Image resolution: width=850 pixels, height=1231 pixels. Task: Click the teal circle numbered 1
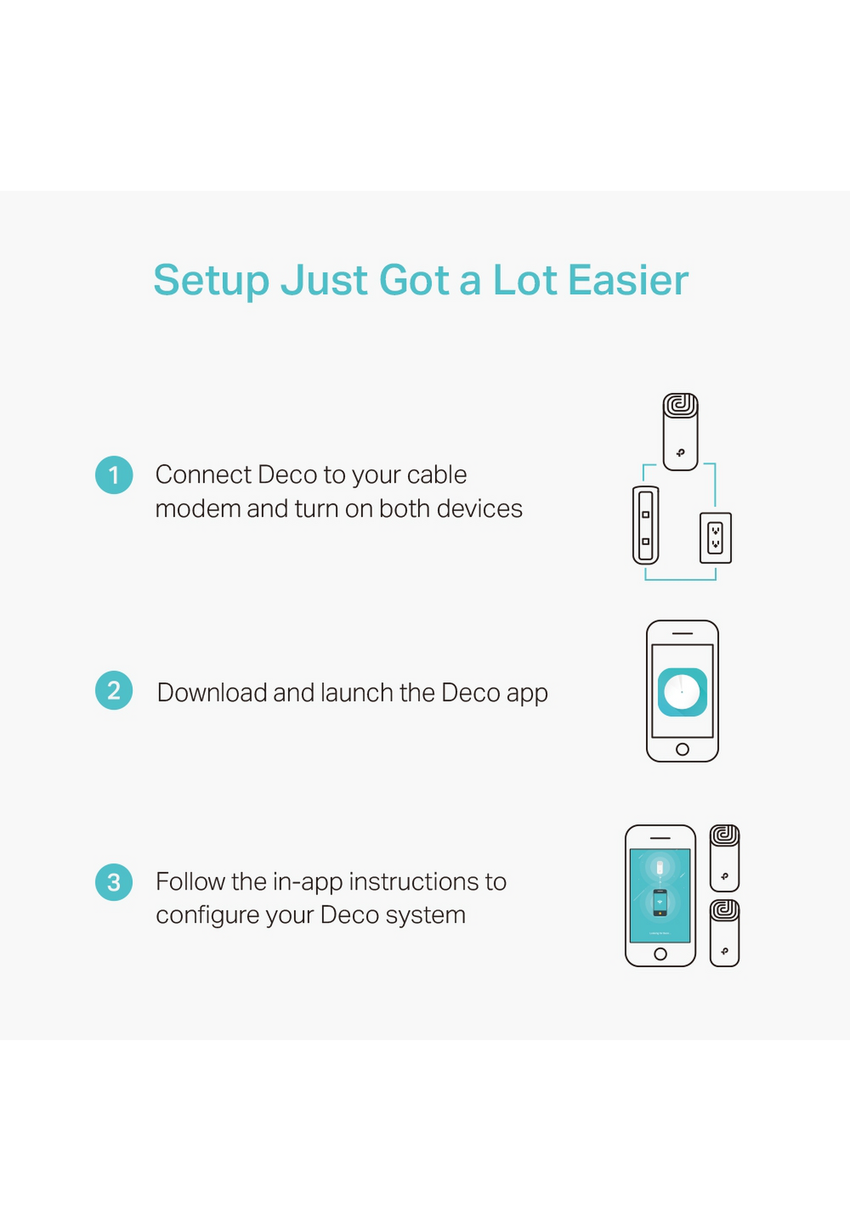click(114, 475)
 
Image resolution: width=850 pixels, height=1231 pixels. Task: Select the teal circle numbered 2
click(114, 690)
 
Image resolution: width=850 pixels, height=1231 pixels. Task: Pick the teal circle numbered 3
click(114, 882)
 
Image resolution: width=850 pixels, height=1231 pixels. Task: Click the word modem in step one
click(198, 509)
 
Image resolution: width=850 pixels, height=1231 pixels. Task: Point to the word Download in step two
click(212, 692)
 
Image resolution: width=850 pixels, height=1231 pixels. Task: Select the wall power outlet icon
click(715, 538)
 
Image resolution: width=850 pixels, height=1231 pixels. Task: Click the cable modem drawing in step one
click(645, 525)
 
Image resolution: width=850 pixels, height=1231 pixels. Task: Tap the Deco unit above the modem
click(680, 432)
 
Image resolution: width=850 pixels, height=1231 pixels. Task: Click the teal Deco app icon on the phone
click(682, 692)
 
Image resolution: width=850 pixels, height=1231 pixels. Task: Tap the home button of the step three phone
click(661, 954)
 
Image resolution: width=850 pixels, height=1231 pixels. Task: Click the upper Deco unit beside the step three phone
click(724, 857)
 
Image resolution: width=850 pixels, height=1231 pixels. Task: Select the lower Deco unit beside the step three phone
click(724, 932)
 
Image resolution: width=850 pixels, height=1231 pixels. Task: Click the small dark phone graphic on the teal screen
click(660, 902)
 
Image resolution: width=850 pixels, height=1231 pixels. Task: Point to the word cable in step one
click(437, 475)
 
